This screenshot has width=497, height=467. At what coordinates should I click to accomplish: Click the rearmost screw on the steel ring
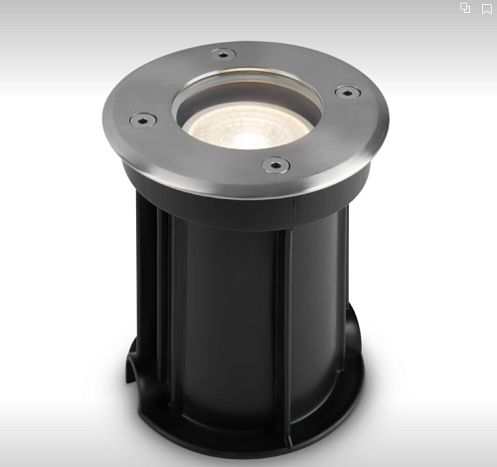(x=223, y=54)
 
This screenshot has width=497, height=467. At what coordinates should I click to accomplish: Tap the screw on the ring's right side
(x=347, y=92)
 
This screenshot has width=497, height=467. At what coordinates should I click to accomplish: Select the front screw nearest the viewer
(x=275, y=163)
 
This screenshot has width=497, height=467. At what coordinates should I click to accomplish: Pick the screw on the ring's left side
(x=142, y=119)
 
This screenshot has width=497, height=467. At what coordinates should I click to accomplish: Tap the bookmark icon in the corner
(x=487, y=8)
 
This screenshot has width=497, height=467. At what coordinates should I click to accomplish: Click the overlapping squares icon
(x=465, y=8)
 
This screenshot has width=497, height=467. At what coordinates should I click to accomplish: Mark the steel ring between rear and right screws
(x=298, y=62)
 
